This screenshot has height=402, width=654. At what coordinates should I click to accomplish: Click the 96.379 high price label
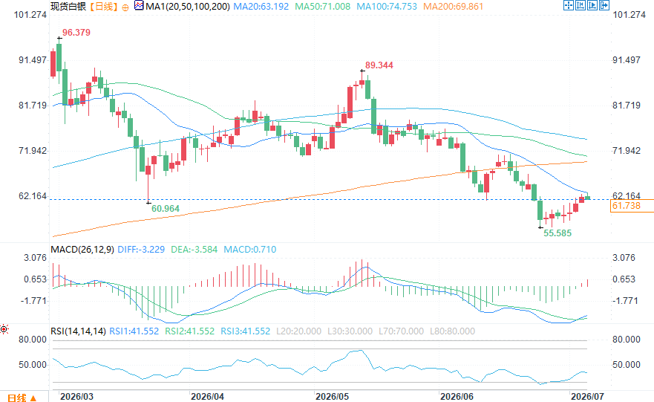(76, 33)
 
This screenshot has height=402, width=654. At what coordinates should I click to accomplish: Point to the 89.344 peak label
(379, 65)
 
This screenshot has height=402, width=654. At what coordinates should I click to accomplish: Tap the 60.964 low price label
(166, 209)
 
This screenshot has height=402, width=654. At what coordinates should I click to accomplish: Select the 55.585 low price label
(557, 233)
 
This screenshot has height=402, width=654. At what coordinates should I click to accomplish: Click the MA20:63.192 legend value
(261, 7)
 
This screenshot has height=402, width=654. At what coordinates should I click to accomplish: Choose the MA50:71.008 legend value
(323, 7)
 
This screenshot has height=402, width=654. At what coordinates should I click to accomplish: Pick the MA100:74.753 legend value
(387, 7)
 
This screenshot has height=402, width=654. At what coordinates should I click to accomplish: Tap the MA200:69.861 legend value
(453, 7)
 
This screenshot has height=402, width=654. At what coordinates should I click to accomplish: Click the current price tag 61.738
(626, 206)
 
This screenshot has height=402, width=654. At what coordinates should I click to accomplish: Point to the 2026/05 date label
(332, 396)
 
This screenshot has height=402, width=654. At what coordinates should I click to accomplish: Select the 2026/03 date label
(76, 396)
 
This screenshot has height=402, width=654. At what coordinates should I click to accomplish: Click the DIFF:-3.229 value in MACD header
(141, 250)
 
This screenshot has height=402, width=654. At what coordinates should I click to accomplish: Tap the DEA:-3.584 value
(194, 250)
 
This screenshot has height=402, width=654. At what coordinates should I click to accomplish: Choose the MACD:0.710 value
(250, 250)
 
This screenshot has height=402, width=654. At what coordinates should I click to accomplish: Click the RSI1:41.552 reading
(134, 331)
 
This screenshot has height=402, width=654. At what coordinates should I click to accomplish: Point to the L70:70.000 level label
(402, 331)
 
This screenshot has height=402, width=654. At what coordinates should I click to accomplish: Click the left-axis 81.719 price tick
(33, 106)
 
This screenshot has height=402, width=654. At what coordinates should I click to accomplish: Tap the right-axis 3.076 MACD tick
(624, 258)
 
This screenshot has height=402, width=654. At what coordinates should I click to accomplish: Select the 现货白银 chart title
(68, 7)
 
